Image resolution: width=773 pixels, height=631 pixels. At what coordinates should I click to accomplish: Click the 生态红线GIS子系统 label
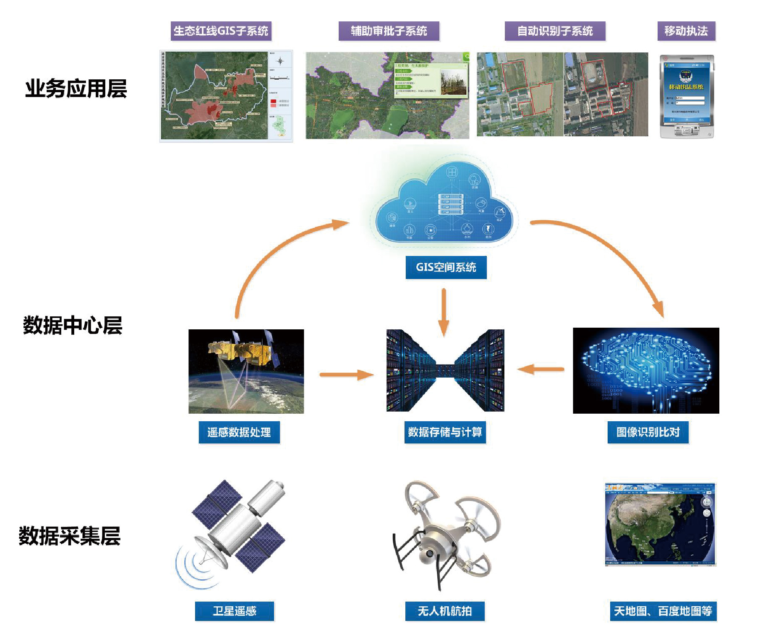click(x=221, y=31)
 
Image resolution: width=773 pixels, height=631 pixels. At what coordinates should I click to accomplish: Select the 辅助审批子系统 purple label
click(x=389, y=31)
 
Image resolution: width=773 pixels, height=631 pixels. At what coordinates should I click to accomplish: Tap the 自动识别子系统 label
click(x=555, y=31)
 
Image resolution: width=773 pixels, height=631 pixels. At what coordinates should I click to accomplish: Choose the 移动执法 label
click(x=686, y=31)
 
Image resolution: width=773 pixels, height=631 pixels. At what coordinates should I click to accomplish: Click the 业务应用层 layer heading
click(x=76, y=89)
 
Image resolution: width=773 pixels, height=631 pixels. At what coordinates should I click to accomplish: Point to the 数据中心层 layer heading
click(x=73, y=326)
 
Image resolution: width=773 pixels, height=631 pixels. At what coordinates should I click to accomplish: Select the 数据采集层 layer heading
click(x=70, y=536)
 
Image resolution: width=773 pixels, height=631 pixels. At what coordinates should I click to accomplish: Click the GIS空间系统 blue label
click(x=446, y=267)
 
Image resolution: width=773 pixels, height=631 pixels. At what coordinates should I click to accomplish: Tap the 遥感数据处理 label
click(x=239, y=432)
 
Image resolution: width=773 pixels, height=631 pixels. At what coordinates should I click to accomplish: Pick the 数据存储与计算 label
click(x=445, y=432)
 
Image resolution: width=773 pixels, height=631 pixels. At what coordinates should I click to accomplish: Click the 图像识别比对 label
click(x=648, y=432)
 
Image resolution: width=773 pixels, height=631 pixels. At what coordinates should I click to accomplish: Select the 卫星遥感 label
click(x=234, y=611)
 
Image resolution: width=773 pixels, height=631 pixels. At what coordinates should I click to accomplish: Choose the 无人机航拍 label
click(x=444, y=611)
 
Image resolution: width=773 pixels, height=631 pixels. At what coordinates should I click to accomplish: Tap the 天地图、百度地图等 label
click(x=663, y=611)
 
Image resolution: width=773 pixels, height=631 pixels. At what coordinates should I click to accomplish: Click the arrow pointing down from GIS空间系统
click(x=444, y=312)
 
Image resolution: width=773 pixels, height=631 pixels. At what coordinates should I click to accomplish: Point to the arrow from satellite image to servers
click(x=346, y=374)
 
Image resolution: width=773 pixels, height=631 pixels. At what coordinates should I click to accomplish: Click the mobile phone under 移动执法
click(x=687, y=96)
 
